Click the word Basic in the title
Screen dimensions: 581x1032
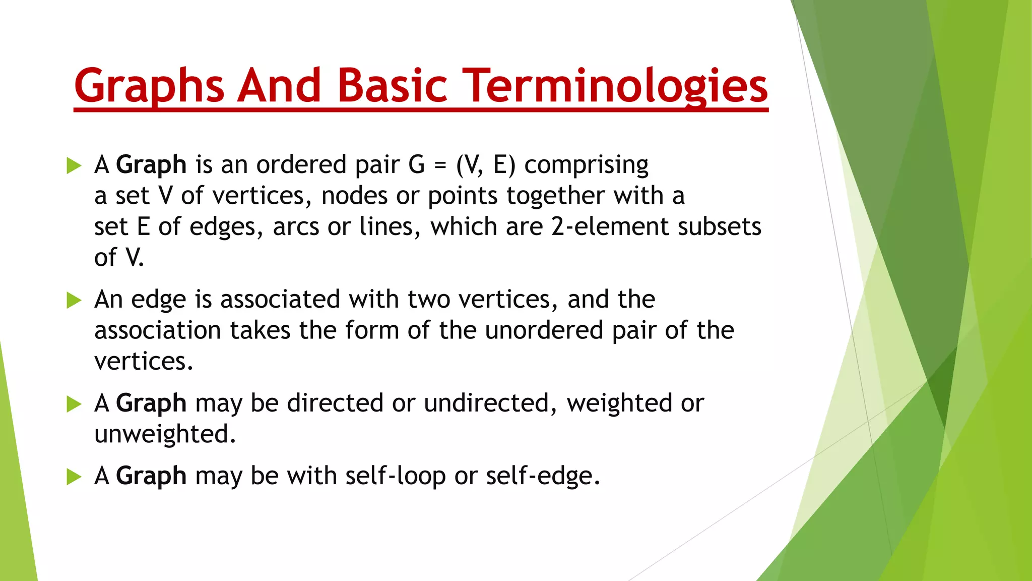tap(392, 86)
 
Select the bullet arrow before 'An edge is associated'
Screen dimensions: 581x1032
tap(74, 301)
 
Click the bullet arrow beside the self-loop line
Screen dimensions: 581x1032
tap(74, 477)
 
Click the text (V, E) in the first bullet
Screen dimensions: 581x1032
tap(486, 165)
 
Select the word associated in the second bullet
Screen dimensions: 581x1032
tap(280, 300)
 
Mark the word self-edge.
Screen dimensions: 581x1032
tap(543, 476)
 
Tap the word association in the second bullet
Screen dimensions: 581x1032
tap(158, 330)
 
